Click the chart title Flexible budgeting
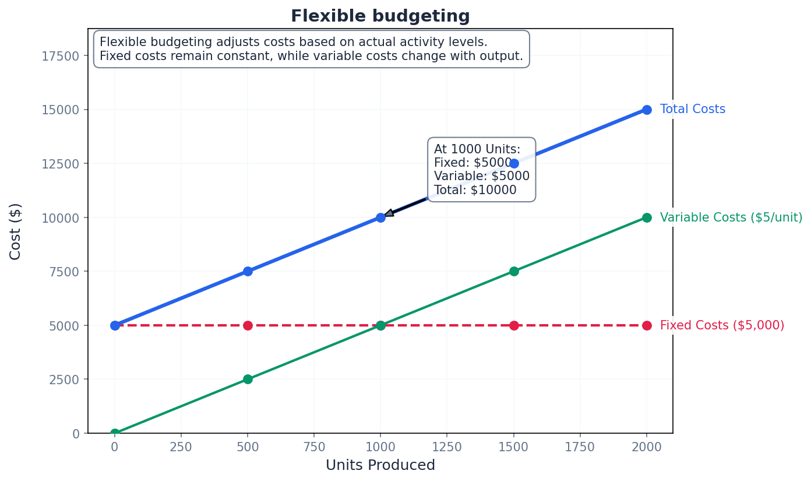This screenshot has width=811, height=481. coord(380,16)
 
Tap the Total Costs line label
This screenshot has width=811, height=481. coord(692,109)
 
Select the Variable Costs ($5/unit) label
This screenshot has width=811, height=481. coord(731,217)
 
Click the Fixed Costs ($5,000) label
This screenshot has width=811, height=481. coord(722,325)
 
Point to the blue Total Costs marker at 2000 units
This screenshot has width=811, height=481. coord(647,110)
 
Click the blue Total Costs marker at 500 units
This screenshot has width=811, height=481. coord(248,271)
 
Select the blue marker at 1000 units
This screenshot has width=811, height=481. coord(380,217)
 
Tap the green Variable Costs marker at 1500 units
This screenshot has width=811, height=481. coord(514,271)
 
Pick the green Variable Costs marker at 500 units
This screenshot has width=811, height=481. coord(248,379)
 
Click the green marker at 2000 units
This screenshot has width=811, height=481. coord(647,217)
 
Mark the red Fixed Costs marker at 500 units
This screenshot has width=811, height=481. coord(248,325)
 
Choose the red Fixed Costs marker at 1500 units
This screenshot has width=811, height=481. coord(514,325)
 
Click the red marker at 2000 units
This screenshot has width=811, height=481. coord(647,325)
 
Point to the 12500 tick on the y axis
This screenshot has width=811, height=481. coord(60,164)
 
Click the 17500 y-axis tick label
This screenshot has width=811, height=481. coord(60,56)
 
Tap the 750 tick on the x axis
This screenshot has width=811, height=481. coord(314,447)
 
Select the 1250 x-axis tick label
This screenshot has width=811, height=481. coord(447,447)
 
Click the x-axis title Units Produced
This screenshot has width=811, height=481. coord(380,465)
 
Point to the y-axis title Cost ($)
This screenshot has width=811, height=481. coord(16,231)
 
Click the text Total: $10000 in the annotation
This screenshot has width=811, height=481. coord(475,190)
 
